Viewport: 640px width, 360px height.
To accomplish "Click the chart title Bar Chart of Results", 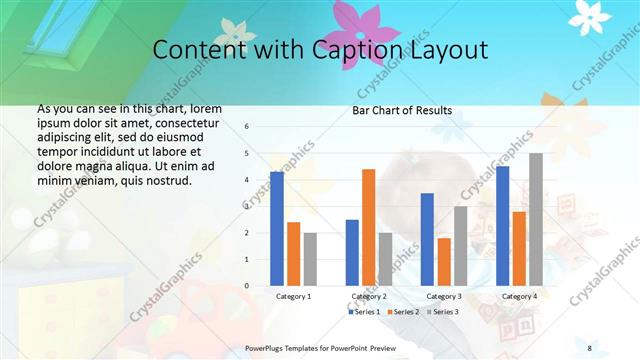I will coord(401,110).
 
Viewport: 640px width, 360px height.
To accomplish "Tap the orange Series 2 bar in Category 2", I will coord(369,227).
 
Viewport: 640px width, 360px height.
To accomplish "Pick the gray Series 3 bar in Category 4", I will coord(536,219).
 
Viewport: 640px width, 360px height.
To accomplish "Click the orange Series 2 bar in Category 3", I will coord(444,261).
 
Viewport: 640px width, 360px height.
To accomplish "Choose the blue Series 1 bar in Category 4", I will coord(502,225).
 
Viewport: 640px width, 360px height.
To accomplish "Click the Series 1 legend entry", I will coord(364,312).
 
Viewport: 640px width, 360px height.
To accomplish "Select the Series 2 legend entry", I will coord(403,312).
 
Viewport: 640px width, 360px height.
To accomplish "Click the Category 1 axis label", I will coord(293,296).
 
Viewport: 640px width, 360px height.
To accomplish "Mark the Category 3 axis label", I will coord(444,296).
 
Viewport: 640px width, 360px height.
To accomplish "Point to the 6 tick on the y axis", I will coord(247,127).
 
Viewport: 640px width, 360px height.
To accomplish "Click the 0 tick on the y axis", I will coord(247,285).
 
